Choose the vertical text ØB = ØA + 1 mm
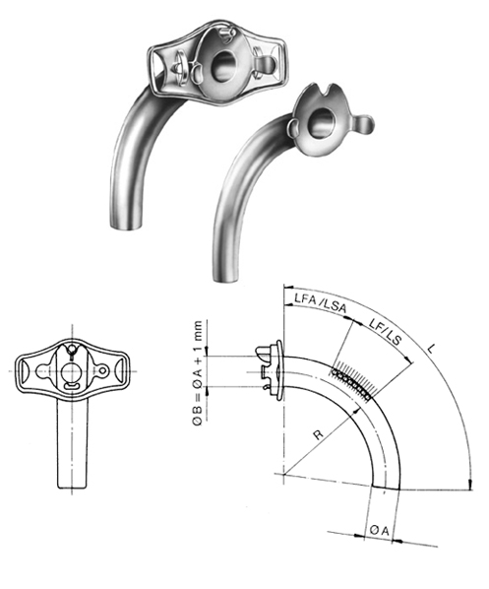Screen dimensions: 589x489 click(201, 373)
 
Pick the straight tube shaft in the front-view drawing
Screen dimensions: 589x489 click(67, 443)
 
